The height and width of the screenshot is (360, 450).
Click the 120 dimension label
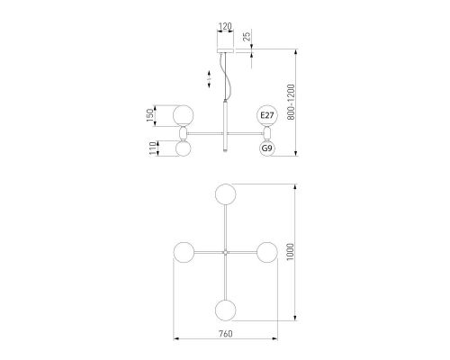[225, 26]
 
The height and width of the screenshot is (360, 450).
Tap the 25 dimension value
[247, 37]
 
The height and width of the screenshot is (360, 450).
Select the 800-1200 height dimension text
[291, 103]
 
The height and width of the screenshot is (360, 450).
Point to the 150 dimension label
[149, 115]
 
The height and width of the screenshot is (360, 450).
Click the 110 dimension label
[153, 148]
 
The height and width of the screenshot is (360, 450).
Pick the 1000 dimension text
[290, 252]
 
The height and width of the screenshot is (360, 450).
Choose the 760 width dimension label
[225, 334]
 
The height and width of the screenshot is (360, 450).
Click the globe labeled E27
[267, 115]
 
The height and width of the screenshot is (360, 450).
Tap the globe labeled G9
[267, 148]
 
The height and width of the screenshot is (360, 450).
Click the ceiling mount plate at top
[225, 50]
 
